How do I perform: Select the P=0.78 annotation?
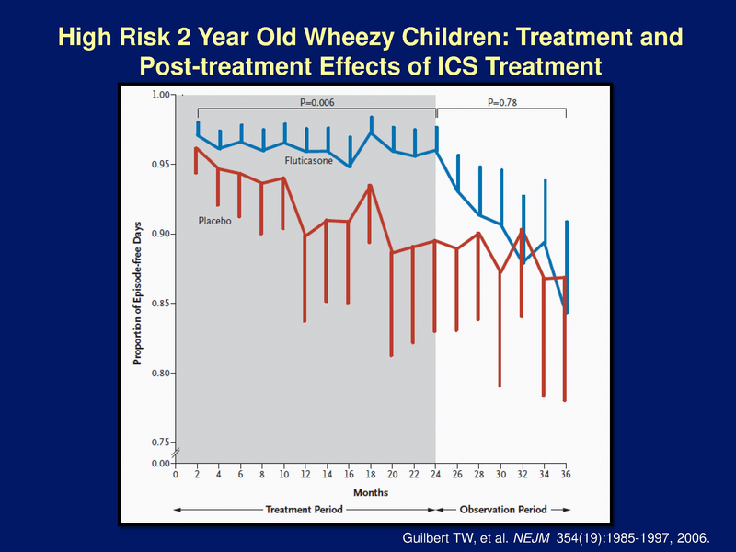click(x=502, y=102)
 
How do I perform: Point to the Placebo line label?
click(x=214, y=221)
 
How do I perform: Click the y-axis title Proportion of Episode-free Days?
click(x=137, y=281)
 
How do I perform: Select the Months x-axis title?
click(x=370, y=492)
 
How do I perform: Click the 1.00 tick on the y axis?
click(x=161, y=95)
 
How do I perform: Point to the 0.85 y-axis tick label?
click(x=161, y=304)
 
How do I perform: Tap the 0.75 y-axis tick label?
click(x=161, y=443)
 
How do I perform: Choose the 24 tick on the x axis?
click(x=435, y=476)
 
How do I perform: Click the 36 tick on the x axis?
click(x=566, y=476)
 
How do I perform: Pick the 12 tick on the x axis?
click(x=305, y=476)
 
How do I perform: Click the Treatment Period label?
click(x=305, y=510)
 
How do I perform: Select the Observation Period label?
click(x=502, y=510)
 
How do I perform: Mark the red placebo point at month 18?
click(x=370, y=186)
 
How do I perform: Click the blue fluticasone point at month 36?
click(x=566, y=313)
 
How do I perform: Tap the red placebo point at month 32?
click(x=522, y=230)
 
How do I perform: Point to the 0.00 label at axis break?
click(x=161, y=463)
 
